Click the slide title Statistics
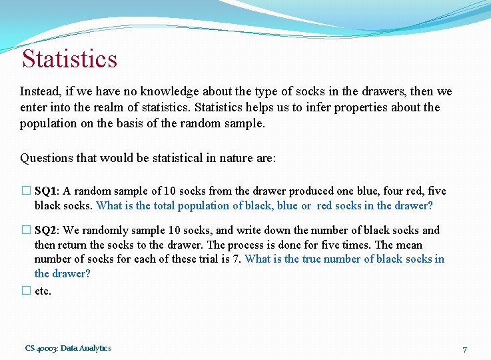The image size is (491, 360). [x=69, y=59]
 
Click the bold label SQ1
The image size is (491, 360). [x=47, y=191]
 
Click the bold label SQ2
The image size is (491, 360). [x=47, y=230]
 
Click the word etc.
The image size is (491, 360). [x=43, y=291]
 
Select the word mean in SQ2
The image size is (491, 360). [x=409, y=245]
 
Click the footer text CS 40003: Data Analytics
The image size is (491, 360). [x=68, y=348]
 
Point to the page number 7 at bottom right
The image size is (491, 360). [x=465, y=349]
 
